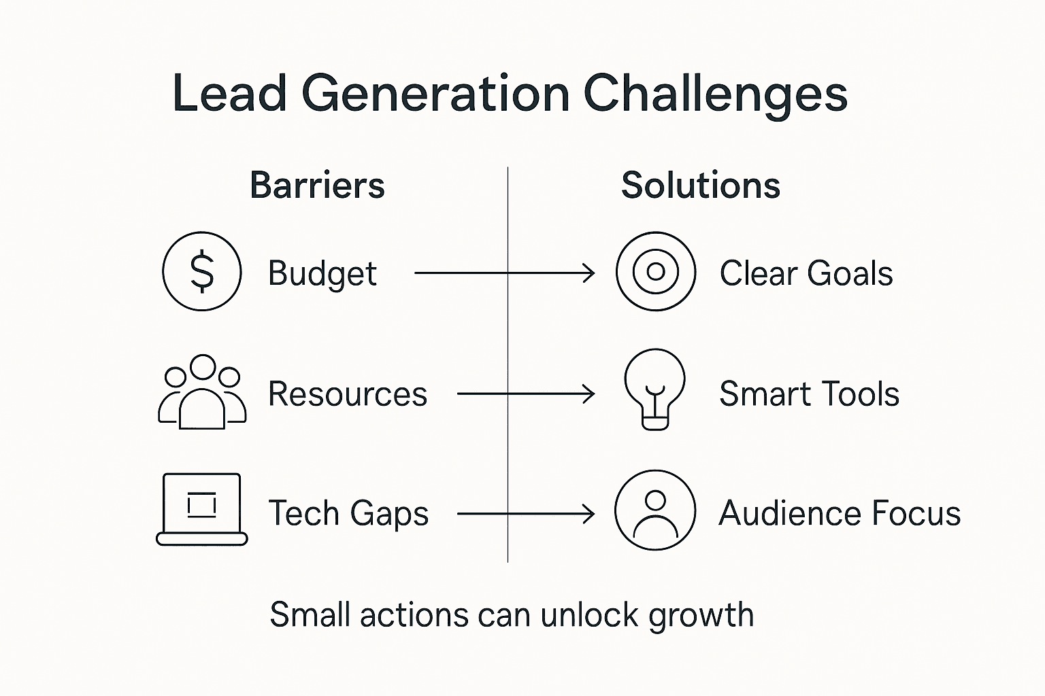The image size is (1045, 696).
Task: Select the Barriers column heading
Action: (x=317, y=186)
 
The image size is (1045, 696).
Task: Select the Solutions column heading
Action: (x=700, y=186)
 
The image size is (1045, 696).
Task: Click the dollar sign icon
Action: (x=202, y=271)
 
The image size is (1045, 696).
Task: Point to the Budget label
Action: (x=322, y=274)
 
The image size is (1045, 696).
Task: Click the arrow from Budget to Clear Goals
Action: (x=504, y=273)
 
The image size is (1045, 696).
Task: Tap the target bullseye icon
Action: (x=656, y=271)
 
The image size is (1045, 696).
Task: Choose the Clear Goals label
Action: (x=806, y=274)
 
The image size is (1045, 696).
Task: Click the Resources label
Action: (x=348, y=394)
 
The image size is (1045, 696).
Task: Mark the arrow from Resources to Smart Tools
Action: (x=526, y=394)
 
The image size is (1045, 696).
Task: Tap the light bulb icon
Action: (x=655, y=389)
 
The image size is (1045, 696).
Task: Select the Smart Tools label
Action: (x=809, y=394)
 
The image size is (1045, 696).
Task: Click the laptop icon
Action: (x=202, y=509)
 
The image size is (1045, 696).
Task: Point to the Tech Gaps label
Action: (x=348, y=514)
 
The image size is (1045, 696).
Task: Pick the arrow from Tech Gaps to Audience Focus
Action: (x=526, y=514)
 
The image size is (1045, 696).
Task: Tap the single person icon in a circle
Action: (x=655, y=510)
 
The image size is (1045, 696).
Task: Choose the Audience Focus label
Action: (x=840, y=513)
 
